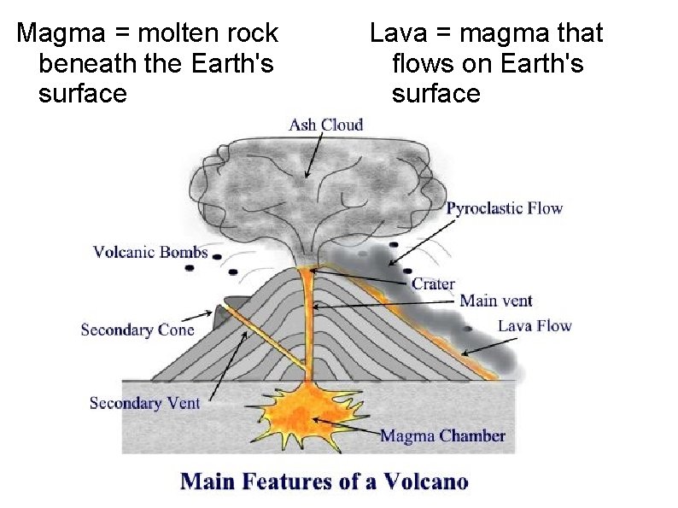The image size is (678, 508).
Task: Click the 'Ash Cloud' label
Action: pos(325,125)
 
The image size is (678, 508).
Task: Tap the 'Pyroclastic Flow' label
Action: pos(505,208)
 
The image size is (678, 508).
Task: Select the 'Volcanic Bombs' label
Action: pos(150,252)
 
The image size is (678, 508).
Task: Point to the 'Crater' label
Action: pos(434,283)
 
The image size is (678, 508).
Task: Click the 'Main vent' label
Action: pos(495,301)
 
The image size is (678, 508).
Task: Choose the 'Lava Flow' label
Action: pos(535,325)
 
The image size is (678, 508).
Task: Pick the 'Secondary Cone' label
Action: pos(137,330)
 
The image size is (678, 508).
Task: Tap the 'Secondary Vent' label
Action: pos(144,402)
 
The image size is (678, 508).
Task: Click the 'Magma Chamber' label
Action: pos(442,435)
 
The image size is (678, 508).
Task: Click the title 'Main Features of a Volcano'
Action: pos(324,481)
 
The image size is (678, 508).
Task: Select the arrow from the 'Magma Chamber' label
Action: pos(346,427)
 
